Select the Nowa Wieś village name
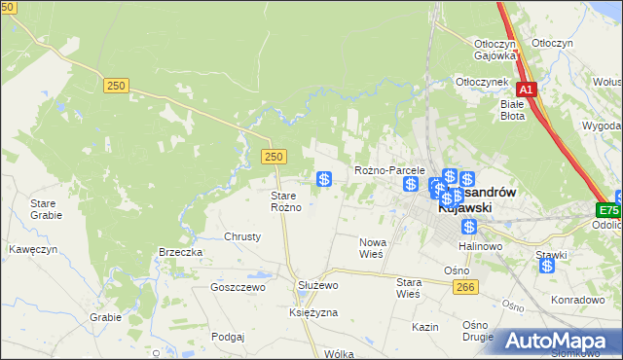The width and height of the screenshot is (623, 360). pos(373,247)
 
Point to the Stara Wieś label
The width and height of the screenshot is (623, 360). pos(408,287)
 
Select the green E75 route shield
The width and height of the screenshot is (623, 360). pos(609,210)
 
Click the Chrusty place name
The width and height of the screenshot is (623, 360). pos(242,236)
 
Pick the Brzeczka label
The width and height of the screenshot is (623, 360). pos(180,251)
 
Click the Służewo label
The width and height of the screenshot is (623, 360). pos(316,284)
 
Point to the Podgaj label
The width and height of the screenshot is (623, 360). pos(227,336)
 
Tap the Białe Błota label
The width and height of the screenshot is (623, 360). pos(512,109)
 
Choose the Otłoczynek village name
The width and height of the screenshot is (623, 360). pos(485,83)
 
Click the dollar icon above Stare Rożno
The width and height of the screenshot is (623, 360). pos(325,179)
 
